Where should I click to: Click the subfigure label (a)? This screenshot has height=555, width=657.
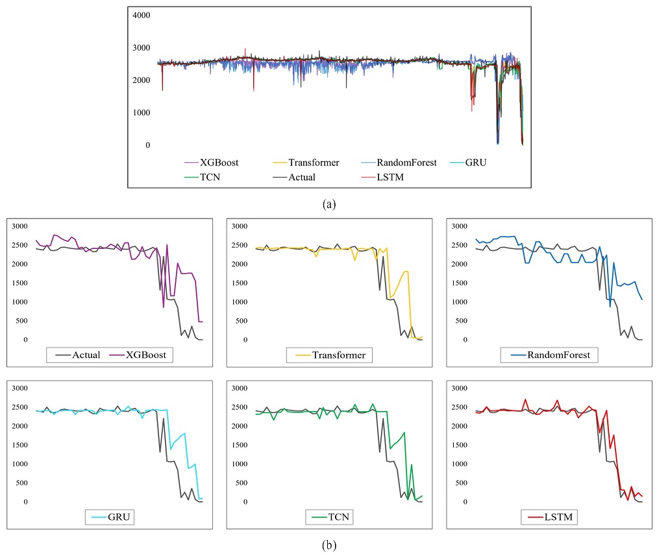pos(329,204)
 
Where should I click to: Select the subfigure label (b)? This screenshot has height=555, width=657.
pos(329,545)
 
